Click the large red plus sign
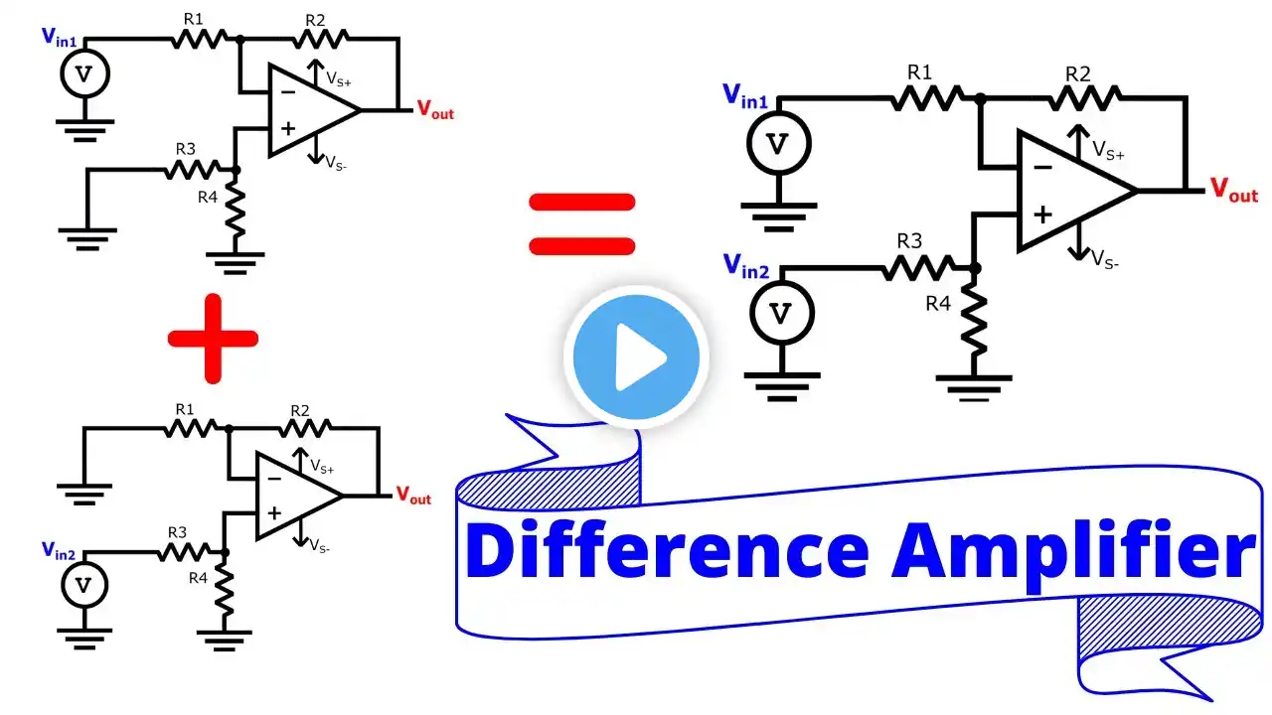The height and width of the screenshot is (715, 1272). click(x=214, y=339)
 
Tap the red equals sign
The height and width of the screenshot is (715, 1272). click(x=581, y=223)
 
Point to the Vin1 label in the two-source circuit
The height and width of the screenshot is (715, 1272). click(x=745, y=94)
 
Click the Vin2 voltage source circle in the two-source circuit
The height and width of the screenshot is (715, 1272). click(x=781, y=315)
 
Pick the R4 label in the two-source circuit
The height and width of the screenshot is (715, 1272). click(x=938, y=303)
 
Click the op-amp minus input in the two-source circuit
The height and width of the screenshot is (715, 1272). click(x=1042, y=167)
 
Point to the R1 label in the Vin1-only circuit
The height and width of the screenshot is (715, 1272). click(x=193, y=19)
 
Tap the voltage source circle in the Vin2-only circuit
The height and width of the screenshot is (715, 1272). click(x=84, y=586)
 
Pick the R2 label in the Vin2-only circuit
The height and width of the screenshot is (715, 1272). click(x=300, y=409)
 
